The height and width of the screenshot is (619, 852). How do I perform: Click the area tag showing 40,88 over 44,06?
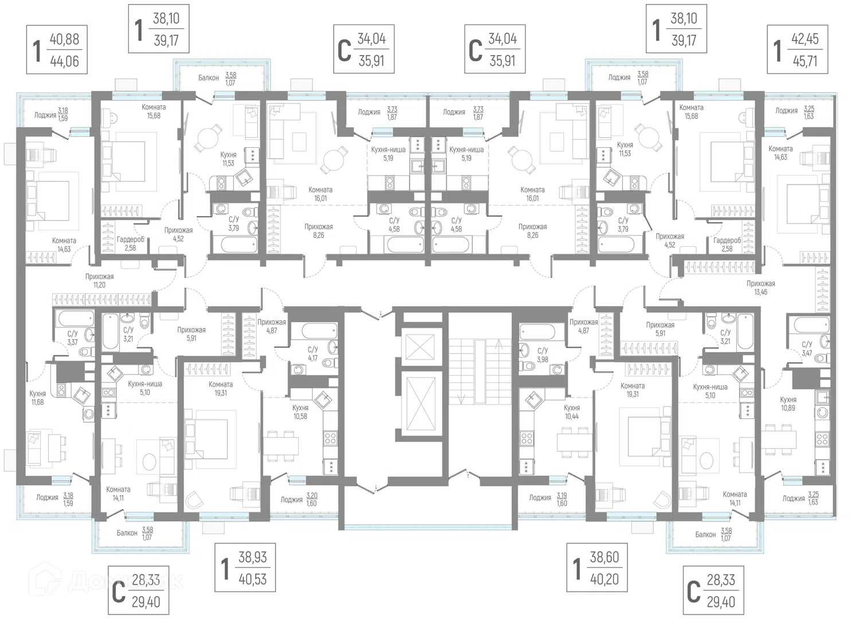click(x=57, y=50)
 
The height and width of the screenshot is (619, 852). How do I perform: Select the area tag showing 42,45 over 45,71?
click(x=797, y=49)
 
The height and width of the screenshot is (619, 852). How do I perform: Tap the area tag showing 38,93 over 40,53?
click(x=245, y=567)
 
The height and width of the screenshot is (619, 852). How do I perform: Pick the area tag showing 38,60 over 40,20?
click(x=597, y=567)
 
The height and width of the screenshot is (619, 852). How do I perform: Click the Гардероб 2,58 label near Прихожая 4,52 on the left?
click(x=131, y=244)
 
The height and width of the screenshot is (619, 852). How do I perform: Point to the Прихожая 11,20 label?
click(x=99, y=281)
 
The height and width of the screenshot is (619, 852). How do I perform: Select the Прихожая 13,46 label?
click(x=761, y=288)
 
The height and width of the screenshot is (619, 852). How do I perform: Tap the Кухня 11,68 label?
click(x=38, y=398)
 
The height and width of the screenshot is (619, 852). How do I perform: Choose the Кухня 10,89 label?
click(x=788, y=403)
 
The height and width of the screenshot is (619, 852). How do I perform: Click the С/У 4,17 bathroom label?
click(x=312, y=354)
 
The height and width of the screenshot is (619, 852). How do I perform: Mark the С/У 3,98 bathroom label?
click(x=542, y=355)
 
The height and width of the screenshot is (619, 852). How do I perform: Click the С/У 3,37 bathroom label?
click(x=72, y=338)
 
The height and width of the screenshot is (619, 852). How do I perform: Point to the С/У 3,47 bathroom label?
click(x=807, y=348)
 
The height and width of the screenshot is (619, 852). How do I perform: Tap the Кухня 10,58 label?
click(x=300, y=412)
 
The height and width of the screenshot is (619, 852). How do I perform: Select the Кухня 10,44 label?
click(x=572, y=412)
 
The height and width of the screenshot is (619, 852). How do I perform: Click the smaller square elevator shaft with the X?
click(x=420, y=346)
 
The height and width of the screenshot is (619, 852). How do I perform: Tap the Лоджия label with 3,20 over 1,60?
click(x=299, y=499)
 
